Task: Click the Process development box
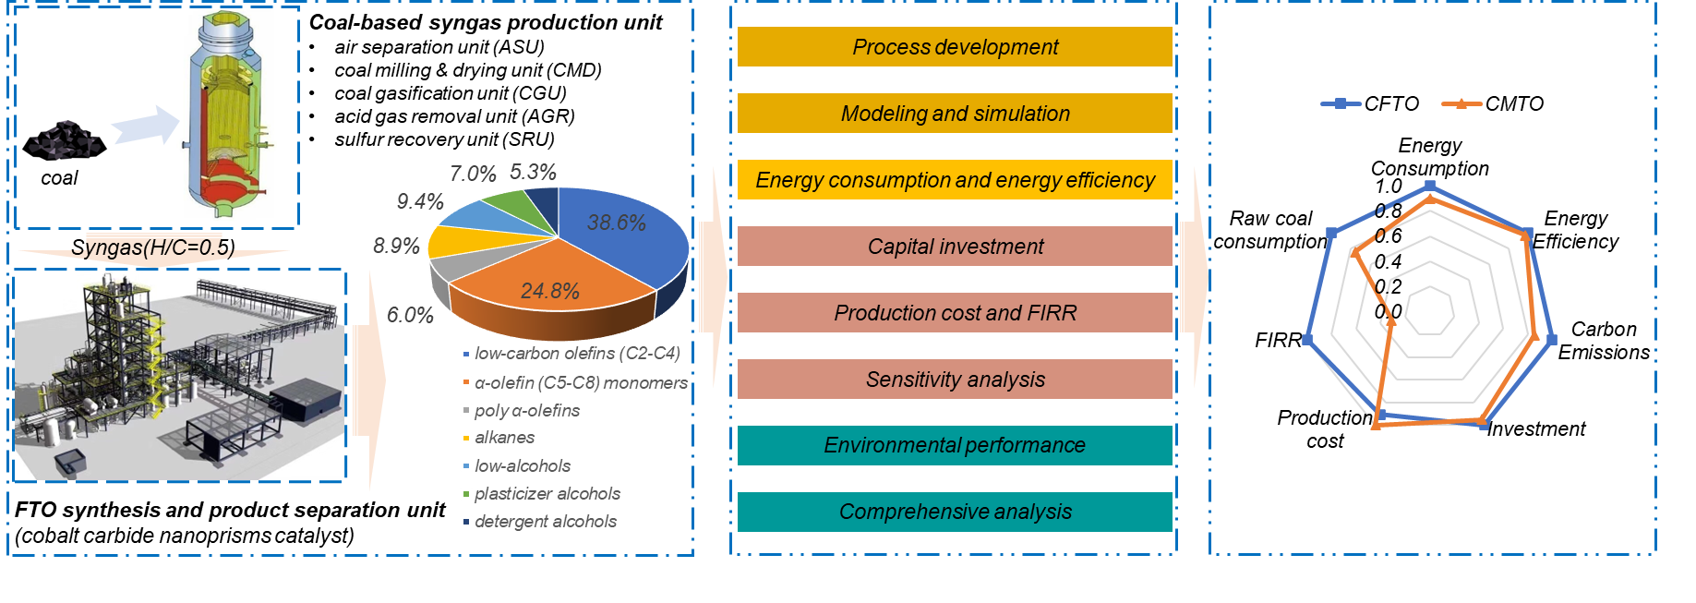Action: pyautogui.click(x=955, y=47)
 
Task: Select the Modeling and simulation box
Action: pyautogui.click(x=955, y=114)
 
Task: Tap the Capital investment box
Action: pyautogui.click(x=955, y=247)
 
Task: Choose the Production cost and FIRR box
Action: pyautogui.click(x=955, y=313)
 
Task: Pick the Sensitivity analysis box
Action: pyautogui.click(x=955, y=380)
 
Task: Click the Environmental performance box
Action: pyautogui.click(x=955, y=446)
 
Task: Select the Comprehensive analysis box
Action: pyautogui.click(x=955, y=513)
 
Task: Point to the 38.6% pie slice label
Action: pyautogui.click(x=616, y=223)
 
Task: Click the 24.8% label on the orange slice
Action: pyautogui.click(x=549, y=292)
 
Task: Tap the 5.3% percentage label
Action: pyautogui.click(x=533, y=173)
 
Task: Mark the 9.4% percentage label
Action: pyautogui.click(x=420, y=202)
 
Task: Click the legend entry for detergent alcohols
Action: pyautogui.click(x=545, y=522)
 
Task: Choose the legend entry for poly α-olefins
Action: pyautogui.click(x=526, y=411)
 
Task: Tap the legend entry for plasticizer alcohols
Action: pyautogui.click(x=547, y=494)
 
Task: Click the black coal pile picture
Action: pyautogui.click(x=64, y=142)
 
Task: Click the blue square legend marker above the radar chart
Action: pyautogui.click(x=1340, y=103)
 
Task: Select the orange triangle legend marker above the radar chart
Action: pyautogui.click(x=1461, y=103)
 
